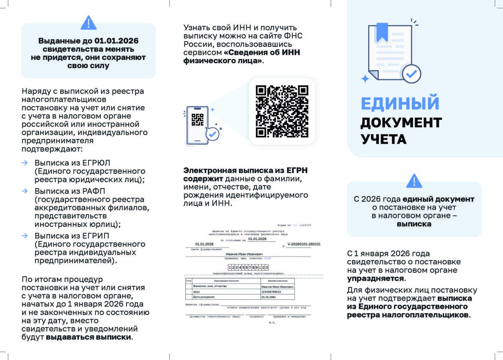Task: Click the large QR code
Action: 282,111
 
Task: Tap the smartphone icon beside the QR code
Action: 197,125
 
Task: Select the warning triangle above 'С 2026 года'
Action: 414,181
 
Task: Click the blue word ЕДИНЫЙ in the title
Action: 400,103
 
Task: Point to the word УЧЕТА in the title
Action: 384,139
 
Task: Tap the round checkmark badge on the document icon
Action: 411,73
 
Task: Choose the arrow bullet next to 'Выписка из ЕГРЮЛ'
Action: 25,163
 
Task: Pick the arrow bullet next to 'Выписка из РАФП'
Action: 25,191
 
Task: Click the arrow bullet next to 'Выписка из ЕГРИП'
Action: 25,236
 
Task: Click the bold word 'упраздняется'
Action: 375,279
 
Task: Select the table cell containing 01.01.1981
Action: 277,297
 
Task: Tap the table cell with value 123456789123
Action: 277,292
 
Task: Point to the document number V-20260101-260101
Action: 304,244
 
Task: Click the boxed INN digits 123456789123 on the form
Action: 248,267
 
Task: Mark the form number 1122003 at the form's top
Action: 305,225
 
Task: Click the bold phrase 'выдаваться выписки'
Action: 89,337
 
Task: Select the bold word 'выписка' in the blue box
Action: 414,224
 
